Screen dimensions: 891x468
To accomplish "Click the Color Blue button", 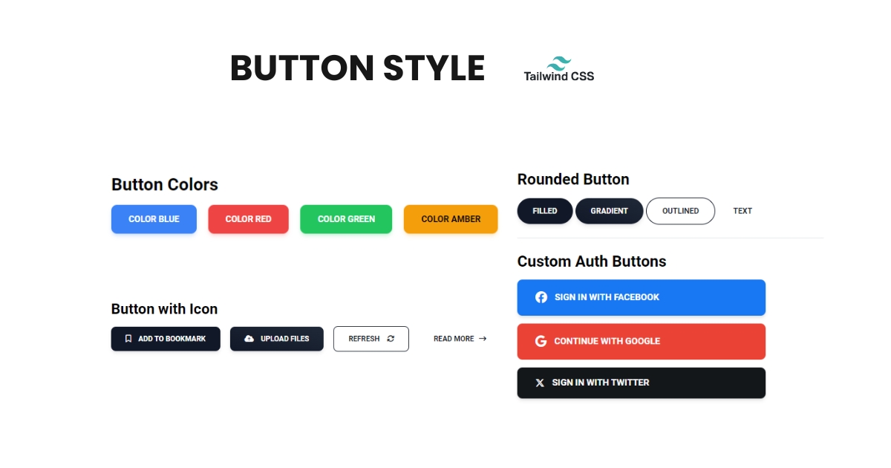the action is point(154,219).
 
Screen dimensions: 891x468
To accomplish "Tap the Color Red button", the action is point(248,219).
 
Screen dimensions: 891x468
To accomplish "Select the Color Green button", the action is point(346,219).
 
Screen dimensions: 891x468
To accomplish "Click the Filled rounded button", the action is point(545,211).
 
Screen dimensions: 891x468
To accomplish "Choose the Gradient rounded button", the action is point(610,211).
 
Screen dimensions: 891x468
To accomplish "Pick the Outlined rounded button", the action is point(681,211).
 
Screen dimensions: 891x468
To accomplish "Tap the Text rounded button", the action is point(742,211).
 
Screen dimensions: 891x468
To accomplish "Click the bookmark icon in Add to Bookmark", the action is point(128,339).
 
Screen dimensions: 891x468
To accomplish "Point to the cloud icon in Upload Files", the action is point(249,339).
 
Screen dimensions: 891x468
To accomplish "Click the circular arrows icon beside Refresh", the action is point(391,339).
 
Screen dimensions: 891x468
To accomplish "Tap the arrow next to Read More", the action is point(483,339).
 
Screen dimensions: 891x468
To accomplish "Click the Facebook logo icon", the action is point(541,297).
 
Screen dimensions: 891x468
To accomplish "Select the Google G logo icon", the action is point(541,341).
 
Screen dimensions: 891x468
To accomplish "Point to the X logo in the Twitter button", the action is point(540,383).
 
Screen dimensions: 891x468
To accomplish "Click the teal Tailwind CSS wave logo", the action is point(559,63).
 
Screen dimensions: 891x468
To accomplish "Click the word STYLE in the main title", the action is point(434,68).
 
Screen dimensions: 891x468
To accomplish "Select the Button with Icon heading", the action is point(164,309).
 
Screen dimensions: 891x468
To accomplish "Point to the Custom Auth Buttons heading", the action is point(592,261).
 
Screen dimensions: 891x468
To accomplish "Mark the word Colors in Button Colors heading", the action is point(193,185).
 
